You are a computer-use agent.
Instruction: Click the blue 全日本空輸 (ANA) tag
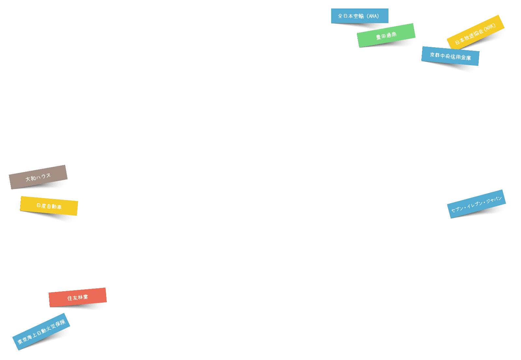(x=359, y=16)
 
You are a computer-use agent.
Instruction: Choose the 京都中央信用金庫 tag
(x=450, y=56)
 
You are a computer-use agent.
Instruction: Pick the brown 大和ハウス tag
(x=38, y=177)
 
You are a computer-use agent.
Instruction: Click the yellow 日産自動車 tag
(x=49, y=206)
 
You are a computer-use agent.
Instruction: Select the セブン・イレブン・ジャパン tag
(x=476, y=204)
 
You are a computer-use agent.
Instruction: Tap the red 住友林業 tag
(x=77, y=297)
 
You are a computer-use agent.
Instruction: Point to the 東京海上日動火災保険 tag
(x=41, y=332)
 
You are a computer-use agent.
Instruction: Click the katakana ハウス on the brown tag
(x=44, y=176)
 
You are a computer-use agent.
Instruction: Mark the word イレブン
(x=475, y=204)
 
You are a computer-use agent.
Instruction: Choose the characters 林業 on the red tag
(x=83, y=297)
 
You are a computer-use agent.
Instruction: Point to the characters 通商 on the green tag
(x=391, y=34)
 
